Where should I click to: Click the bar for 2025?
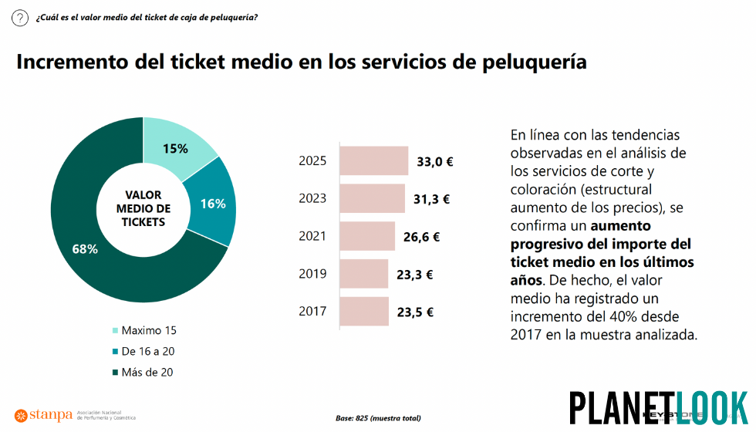coord(374,160)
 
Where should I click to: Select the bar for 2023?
coord(372,198)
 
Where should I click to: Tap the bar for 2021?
coord(367,236)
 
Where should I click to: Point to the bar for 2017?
coord(364,312)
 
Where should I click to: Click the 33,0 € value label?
coord(434,161)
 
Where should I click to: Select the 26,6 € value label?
coord(421,237)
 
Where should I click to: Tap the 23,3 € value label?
coord(415,274)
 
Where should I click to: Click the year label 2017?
coord(312,312)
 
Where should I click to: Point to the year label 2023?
coord(312,198)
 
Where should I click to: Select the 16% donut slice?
coord(213,204)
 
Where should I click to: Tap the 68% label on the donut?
coord(85,248)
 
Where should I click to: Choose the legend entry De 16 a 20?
coord(147,351)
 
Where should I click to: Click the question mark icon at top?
coord(20,19)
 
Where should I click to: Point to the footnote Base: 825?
coord(378,418)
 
